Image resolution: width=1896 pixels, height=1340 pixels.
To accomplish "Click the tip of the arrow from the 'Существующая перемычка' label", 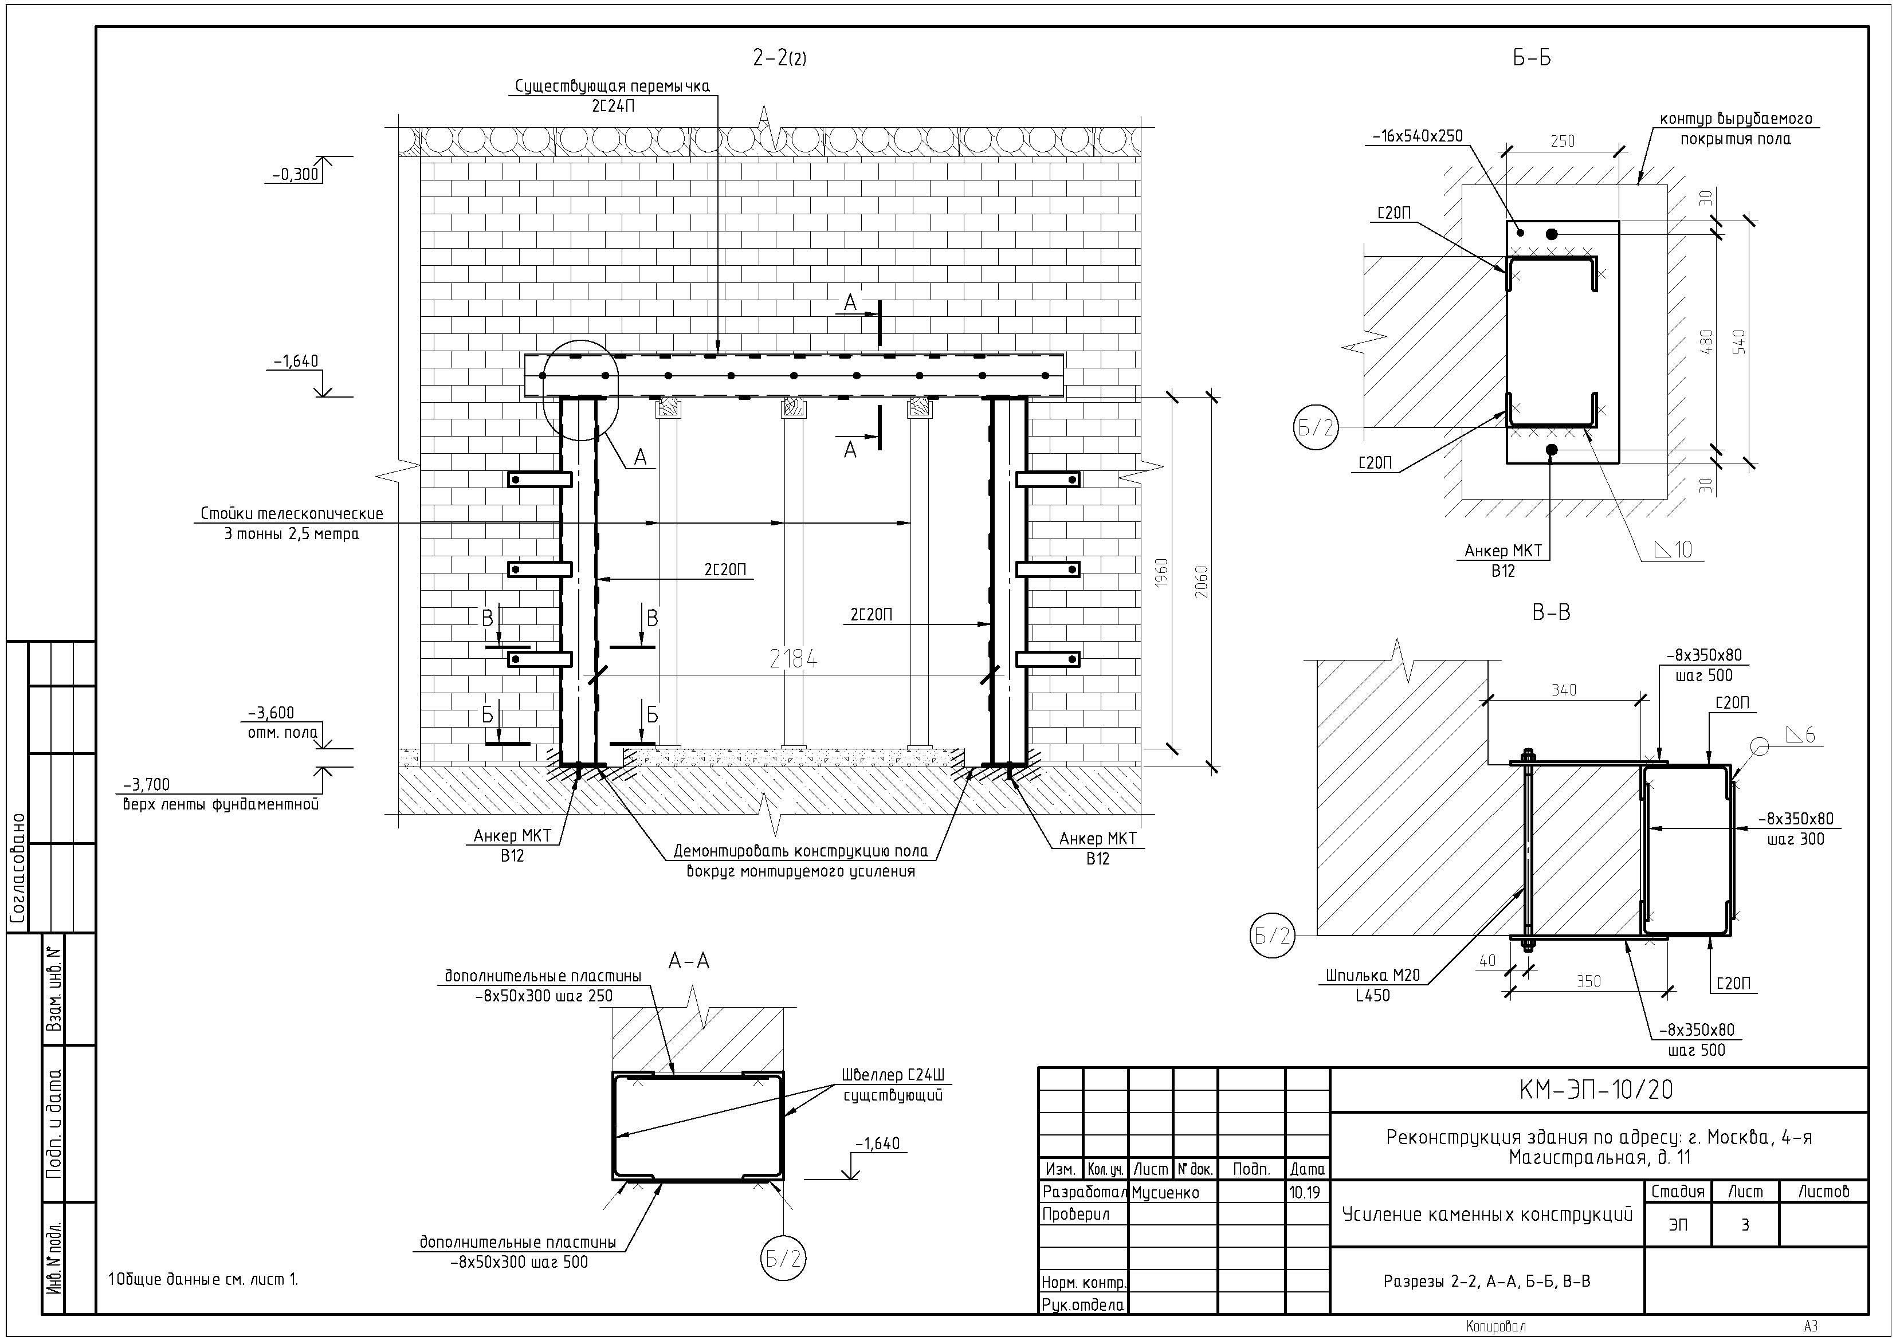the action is [x=717, y=353].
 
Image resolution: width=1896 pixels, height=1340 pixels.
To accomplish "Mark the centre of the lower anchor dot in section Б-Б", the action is [x=1551, y=450].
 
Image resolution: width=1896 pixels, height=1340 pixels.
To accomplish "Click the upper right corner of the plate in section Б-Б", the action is [x=1619, y=221].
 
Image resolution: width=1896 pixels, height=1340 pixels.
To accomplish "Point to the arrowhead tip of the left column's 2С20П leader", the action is [x=597, y=579].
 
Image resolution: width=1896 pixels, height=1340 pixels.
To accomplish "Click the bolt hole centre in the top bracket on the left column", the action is [x=515, y=480].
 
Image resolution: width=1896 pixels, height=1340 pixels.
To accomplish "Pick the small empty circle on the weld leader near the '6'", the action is [x=1759, y=746].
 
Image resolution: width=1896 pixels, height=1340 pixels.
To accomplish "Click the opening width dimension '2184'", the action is [x=793, y=659].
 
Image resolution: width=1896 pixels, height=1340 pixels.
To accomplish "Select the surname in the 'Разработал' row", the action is [x=1165, y=1192].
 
